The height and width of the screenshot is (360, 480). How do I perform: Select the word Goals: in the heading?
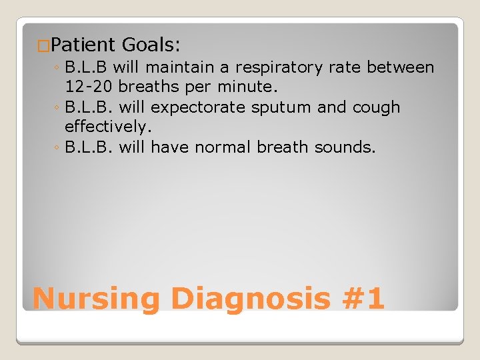tap(151, 45)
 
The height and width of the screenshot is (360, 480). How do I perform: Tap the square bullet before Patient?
tap(43, 46)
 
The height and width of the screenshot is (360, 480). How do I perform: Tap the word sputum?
tap(280, 108)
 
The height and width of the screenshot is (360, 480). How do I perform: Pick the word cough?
tap(376, 107)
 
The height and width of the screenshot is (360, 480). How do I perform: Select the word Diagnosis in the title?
tap(250, 299)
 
